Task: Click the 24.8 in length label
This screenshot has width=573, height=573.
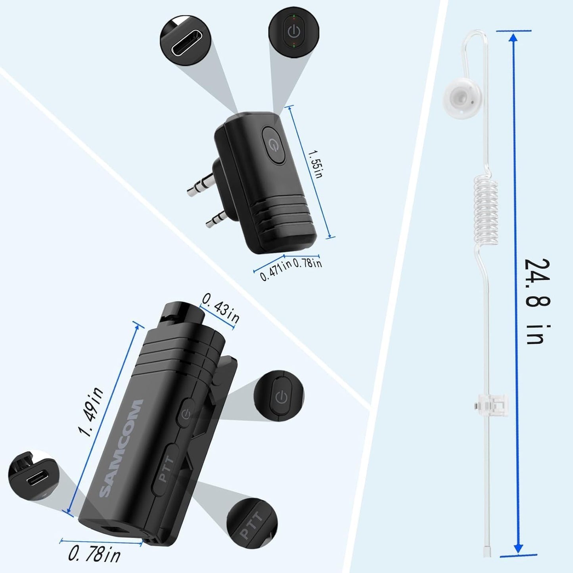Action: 537,301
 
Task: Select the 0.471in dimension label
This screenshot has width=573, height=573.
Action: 275,270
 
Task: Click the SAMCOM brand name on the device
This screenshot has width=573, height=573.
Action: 121,448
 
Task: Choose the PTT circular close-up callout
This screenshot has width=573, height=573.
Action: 252,523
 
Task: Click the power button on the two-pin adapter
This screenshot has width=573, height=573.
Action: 273,145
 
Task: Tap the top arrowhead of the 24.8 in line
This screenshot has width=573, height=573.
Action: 513,38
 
